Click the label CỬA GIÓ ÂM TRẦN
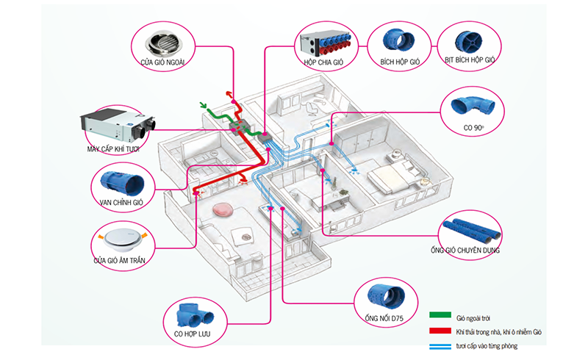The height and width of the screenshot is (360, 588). point(124,259)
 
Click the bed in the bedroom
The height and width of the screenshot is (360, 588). point(393,176)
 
